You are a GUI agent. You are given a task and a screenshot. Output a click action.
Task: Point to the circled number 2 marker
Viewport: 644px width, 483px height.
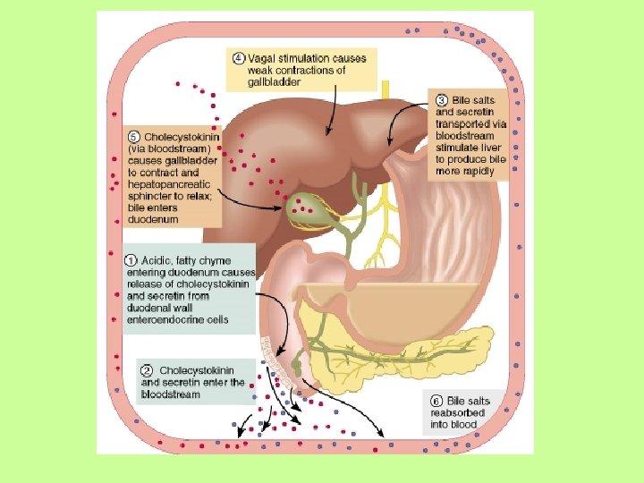[148, 369]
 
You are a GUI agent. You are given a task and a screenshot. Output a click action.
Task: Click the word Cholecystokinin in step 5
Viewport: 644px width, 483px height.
[182, 137]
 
